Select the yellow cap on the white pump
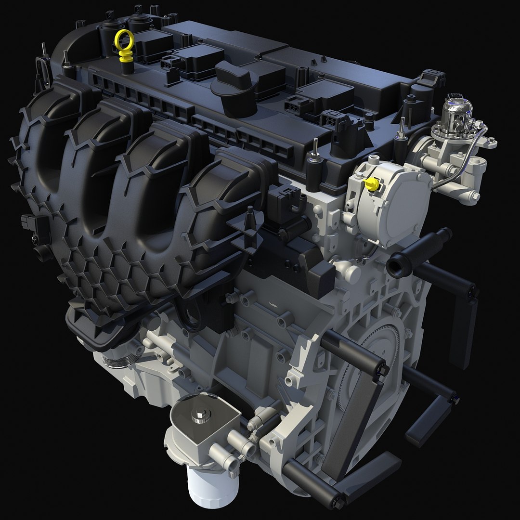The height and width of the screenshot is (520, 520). click(371, 183)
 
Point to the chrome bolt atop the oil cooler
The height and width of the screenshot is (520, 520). click(199, 416)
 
